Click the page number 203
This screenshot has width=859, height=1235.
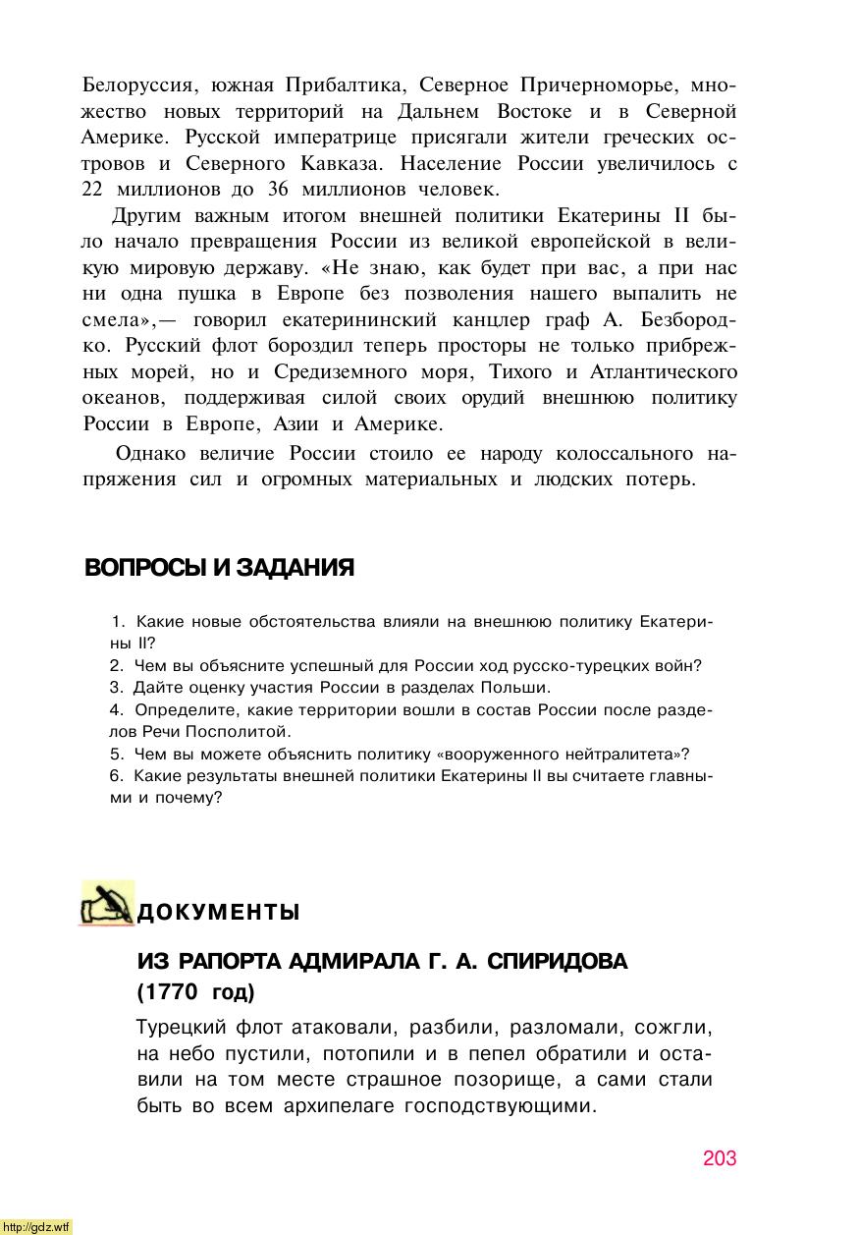click(x=719, y=1158)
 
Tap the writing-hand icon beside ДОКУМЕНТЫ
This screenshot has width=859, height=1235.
click(x=107, y=904)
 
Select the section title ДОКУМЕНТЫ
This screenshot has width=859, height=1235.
click(x=218, y=913)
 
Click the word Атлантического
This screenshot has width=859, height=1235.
click(x=662, y=371)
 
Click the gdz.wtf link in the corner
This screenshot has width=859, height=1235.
click(x=36, y=1226)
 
